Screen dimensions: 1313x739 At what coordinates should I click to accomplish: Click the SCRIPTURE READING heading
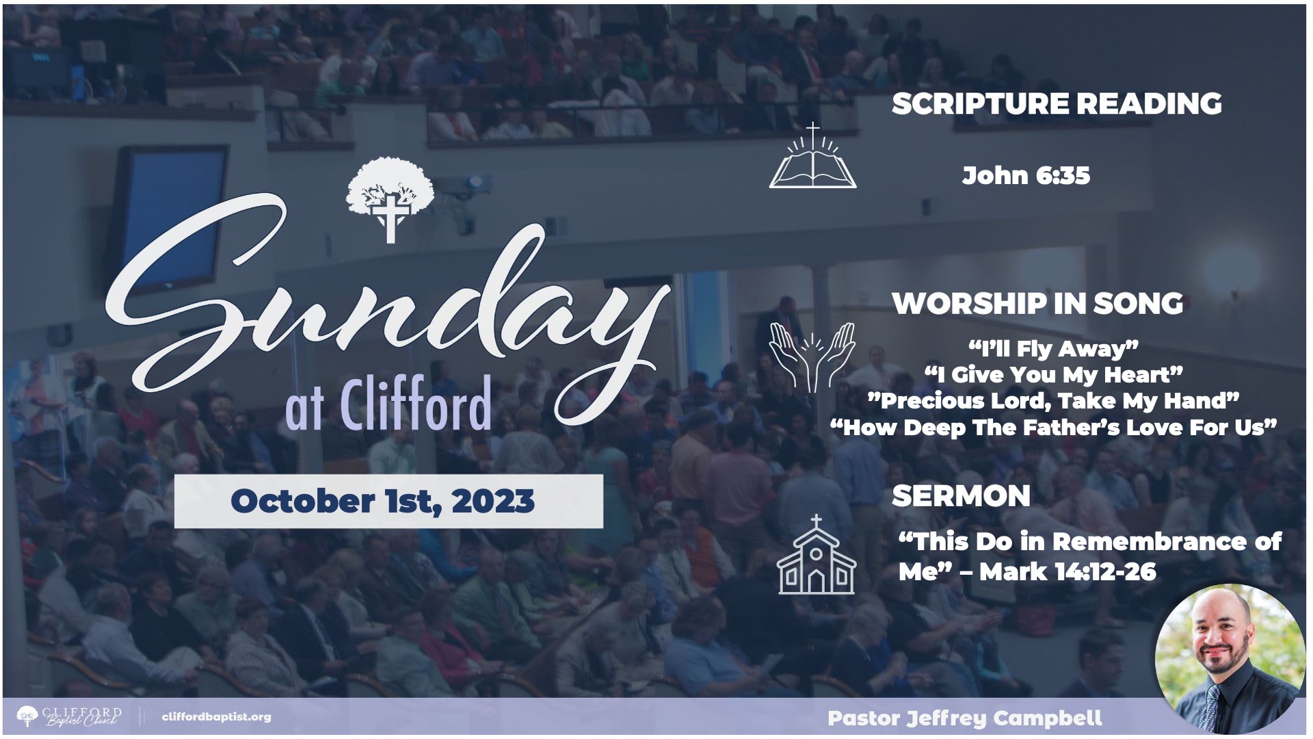point(1057,104)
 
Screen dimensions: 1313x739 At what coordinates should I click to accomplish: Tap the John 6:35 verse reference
point(1026,176)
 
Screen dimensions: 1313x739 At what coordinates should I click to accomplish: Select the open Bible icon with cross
point(812,156)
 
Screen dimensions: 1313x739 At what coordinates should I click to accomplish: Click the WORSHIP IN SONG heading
point(1037,304)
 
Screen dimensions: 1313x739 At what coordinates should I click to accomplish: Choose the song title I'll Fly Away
point(1053,349)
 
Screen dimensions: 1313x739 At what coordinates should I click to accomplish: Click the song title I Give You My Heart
point(1053,375)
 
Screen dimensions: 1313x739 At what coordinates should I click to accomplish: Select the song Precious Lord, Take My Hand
point(1053,401)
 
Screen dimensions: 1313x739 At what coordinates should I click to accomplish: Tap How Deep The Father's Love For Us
point(1053,428)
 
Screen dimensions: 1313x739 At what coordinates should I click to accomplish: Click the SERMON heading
point(961,496)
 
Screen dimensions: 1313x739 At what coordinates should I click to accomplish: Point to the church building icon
point(816,554)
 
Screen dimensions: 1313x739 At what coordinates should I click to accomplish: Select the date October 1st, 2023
point(383,501)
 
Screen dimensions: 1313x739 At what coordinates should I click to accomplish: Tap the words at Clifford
point(388,404)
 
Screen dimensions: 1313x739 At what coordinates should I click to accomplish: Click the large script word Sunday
point(386,308)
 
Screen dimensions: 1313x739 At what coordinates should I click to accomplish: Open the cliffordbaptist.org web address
point(216,717)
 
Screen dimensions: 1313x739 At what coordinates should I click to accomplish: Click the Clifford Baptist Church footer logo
point(69,717)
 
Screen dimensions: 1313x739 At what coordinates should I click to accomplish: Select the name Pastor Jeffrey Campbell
point(964,718)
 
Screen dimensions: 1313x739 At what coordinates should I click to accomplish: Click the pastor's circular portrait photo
point(1230,659)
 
